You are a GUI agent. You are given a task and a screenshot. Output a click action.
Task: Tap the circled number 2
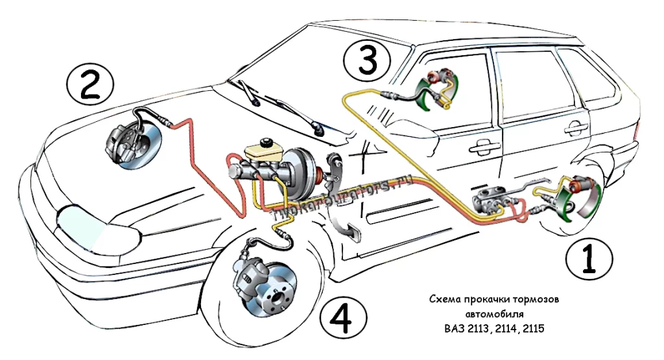pyautogui.click(x=90, y=86)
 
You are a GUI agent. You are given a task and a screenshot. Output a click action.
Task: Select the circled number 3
pyautogui.click(x=367, y=62)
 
